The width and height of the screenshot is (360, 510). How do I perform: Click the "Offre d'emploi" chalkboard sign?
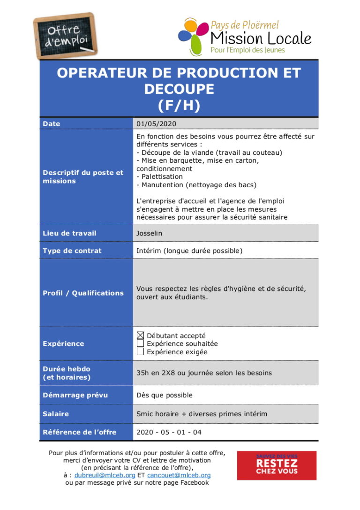[x=65, y=36]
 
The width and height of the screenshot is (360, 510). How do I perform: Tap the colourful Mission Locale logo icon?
[x=193, y=37]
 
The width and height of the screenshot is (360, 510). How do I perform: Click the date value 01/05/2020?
[x=156, y=124]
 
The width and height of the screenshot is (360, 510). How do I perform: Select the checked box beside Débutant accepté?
[x=140, y=335]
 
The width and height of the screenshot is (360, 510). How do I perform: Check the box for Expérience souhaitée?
[x=140, y=343]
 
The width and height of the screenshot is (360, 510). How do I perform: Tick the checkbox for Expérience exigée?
[x=140, y=352]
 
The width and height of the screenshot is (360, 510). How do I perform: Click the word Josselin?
[x=149, y=233]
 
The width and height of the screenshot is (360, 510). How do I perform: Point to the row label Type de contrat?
[x=72, y=251]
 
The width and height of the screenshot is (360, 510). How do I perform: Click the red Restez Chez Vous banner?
[x=277, y=465]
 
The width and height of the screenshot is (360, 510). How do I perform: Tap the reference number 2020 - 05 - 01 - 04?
[x=169, y=432]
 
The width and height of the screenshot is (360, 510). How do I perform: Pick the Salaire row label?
[x=56, y=414]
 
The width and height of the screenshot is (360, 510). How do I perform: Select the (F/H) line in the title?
[x=179, y=106]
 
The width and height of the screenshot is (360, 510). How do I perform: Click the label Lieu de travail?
[x=69, y=233]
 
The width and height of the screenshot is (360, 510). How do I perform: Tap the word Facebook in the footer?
[x=192, y=482]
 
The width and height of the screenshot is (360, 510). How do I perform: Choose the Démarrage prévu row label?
[x=75, y=395]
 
